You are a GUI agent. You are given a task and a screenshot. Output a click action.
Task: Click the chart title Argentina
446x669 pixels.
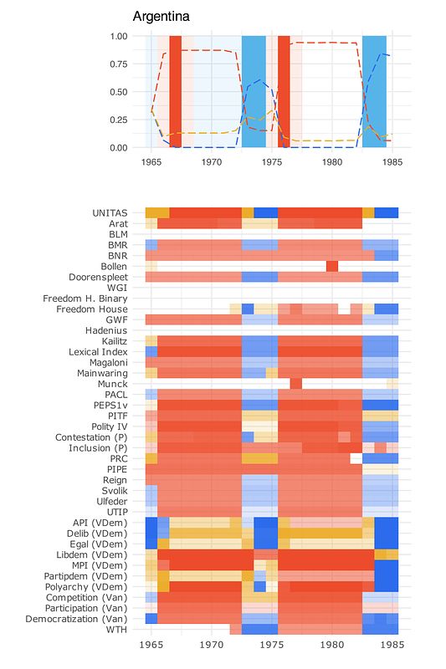(x=161, y=17)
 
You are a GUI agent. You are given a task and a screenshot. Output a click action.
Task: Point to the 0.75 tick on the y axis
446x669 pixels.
(x=119, y=64)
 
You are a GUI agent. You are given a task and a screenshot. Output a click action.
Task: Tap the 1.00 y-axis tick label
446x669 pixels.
(x=119, y=36)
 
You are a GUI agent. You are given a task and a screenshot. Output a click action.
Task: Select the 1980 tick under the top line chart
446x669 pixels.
(x=332, y=162)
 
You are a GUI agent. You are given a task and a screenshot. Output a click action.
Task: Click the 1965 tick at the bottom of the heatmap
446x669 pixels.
(x=151, y=644)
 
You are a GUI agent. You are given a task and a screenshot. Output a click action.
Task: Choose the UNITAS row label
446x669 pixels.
(x=110, y=213)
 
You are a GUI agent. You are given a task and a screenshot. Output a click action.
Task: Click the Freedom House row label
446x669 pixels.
(x=92, y=309)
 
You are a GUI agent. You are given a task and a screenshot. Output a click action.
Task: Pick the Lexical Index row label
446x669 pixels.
(x=98, y=352)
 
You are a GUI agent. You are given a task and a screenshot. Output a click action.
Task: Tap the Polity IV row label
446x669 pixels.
(x=110, y=426)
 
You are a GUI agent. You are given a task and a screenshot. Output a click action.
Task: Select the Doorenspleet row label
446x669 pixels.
(x=98, y=278)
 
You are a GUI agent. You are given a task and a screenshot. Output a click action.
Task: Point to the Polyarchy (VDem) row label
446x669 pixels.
(x=86, y=587)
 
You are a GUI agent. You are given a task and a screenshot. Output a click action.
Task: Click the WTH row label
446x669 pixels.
(x=116, y=630)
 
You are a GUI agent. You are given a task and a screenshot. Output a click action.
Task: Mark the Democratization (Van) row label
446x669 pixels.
(x=76, y=619)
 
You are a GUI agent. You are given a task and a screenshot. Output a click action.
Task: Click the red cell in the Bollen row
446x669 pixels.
(x=332, y=267)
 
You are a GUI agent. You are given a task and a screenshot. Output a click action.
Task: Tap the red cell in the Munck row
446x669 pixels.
(x=295, y=384)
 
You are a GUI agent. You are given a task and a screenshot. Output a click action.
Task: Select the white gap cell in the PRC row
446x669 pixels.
(x=356, y=458)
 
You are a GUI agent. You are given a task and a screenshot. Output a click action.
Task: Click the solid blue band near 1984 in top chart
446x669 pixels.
(x=374, y=92)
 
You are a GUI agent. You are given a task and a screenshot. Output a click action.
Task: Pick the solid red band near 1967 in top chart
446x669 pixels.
(x=176, y=92)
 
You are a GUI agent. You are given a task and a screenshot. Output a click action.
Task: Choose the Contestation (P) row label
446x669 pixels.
(x=91, y=437)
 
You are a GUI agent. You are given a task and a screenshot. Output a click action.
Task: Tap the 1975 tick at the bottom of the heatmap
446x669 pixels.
(x=272, y=644)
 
